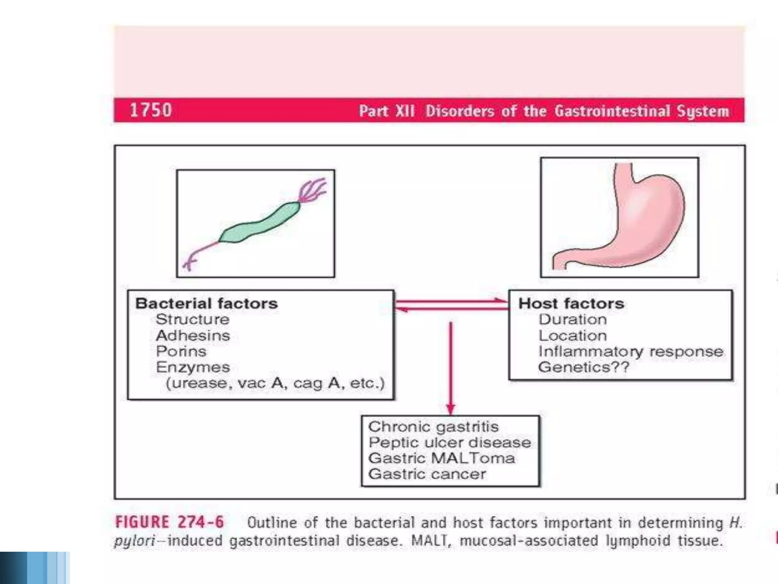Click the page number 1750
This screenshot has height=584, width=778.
[x=151, y=110]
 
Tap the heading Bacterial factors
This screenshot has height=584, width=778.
[x=206, y=303]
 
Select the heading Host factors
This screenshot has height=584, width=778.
[x=571, y=303]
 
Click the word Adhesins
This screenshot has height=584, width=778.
[x=193, y=335]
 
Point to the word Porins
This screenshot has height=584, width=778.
[x=181, y=351]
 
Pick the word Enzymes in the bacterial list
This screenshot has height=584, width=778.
[x=193, y=367]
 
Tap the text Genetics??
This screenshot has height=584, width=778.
[x=583, y=367]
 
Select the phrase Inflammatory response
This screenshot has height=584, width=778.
[x=631, y=351]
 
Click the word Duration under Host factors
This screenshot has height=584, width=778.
[x=572, y=319]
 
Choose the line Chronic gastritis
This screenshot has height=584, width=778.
[x=433, y=427]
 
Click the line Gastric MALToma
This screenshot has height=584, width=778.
[x=441, y=458]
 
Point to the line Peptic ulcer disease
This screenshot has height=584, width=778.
[x=449, y=443]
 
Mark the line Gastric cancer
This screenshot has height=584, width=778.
[x=427, y=474]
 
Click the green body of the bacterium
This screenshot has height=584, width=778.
[x=258, y=224]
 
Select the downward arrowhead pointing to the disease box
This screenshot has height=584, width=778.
[x=451, y=409]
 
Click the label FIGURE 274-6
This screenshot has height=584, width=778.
[x=169, y=522]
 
